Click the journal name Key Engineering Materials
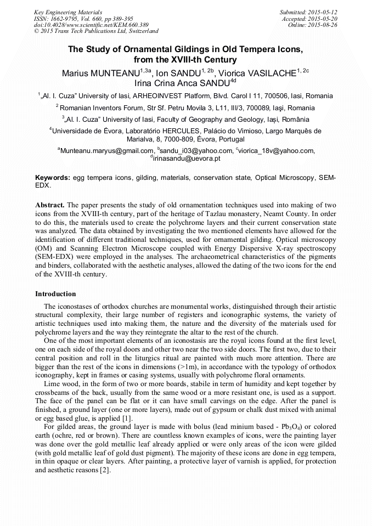click(67, 12)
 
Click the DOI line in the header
click(91, 25)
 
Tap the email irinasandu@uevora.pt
click(187, 159)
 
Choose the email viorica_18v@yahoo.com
click(277, 151)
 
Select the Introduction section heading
click(55, 294)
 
